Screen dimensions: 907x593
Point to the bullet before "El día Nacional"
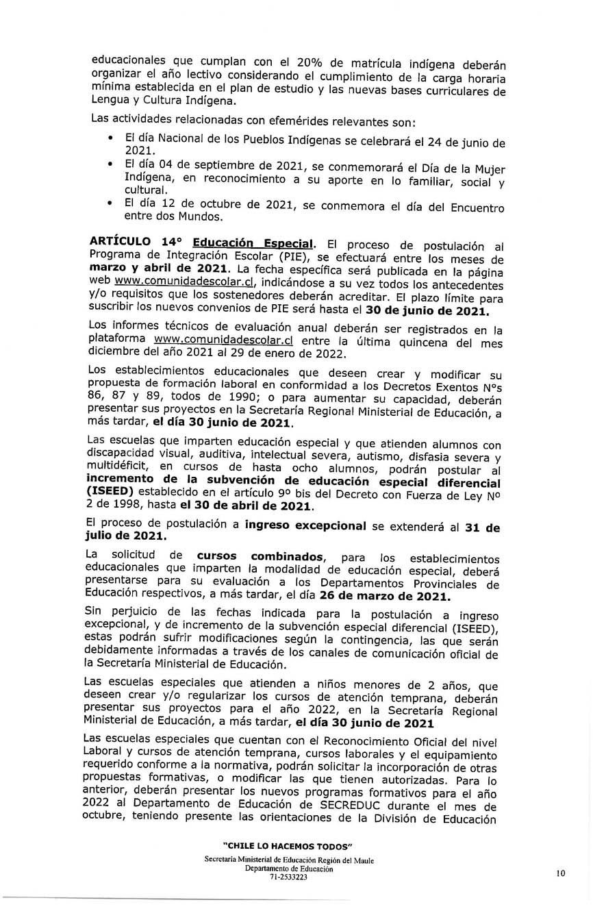(x=110, y=138)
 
